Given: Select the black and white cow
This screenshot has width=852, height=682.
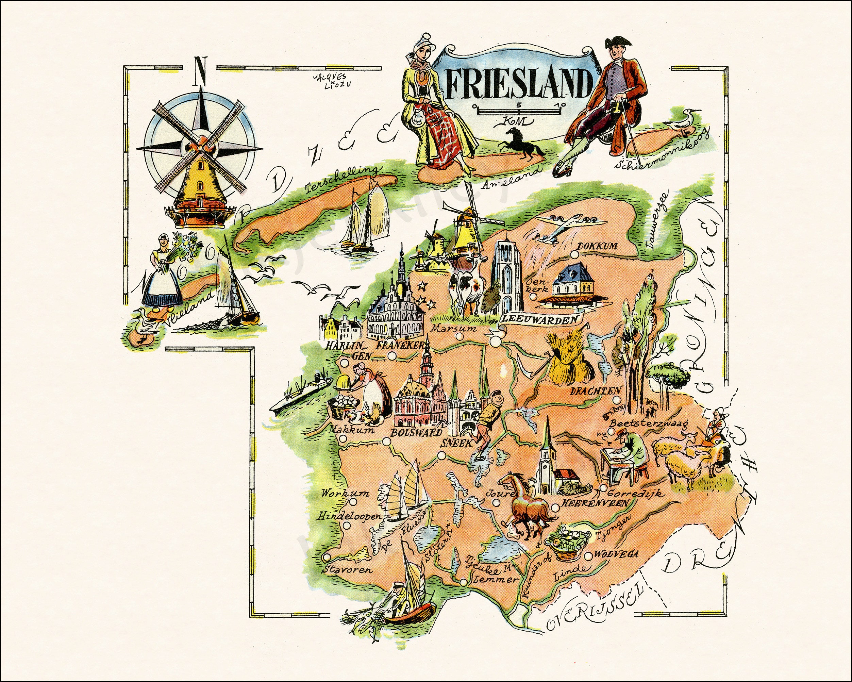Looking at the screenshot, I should [x=466, y=290].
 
